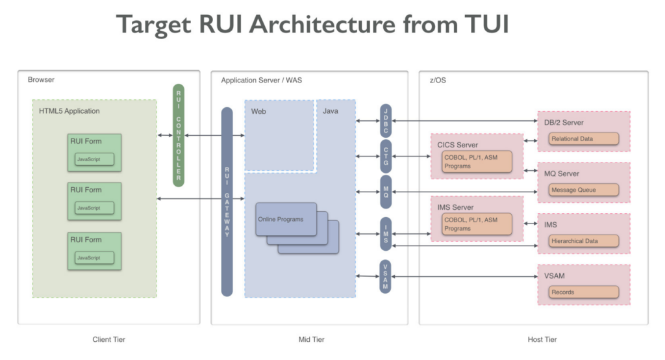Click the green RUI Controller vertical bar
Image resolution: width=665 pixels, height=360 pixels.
coord(179,135)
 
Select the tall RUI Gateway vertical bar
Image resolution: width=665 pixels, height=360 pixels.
coord(227,201)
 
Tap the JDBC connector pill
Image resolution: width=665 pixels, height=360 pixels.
coord(386,120)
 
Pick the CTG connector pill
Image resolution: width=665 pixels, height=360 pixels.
coord(386,156)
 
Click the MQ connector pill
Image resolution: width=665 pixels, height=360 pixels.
coord(386,191)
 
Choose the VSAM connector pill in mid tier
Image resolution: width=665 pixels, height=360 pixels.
coord(386,277)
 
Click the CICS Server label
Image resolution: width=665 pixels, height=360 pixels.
coord(458,145)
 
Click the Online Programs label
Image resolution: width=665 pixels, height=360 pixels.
coord(281,220)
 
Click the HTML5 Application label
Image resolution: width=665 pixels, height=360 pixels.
coord(69,111)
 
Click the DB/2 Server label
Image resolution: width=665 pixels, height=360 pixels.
coord(563,122)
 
